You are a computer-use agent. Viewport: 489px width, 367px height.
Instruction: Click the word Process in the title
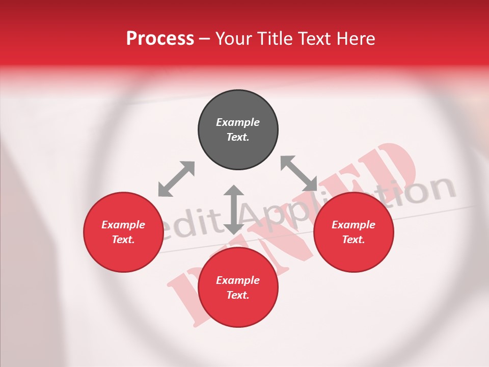pos(160,39)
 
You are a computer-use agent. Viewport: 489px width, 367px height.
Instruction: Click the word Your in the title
pos(232,39)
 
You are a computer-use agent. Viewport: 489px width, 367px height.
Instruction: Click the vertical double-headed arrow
pos(234,209)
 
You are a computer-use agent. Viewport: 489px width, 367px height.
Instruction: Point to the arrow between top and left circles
pos(176,179)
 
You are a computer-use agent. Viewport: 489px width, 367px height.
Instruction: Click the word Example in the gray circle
pos(238,122)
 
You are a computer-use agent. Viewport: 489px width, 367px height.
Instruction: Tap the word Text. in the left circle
pos(123,240)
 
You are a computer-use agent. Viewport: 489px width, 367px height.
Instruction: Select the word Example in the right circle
pos(354,225)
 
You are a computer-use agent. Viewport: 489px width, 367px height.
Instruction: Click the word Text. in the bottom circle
pos(238,295)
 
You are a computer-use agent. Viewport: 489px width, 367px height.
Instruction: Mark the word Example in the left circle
pos(123,225)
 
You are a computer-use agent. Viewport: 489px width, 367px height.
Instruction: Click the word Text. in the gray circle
pos(238,137)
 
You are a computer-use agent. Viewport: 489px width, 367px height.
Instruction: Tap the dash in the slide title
pos(204,39)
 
